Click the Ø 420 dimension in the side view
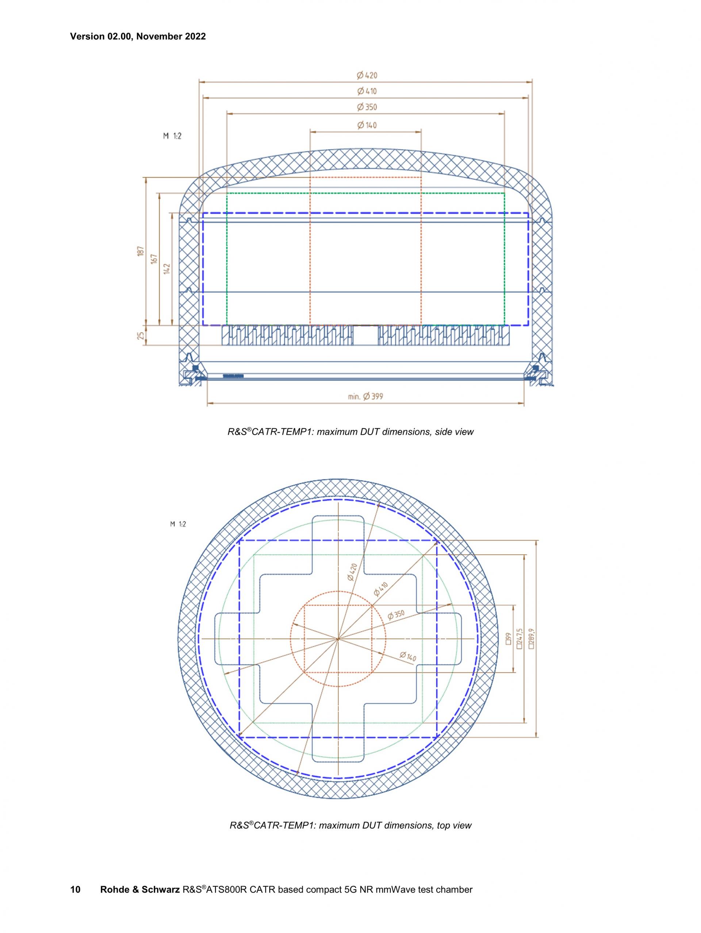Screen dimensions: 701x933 coord(367,75)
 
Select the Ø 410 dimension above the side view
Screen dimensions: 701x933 coord(367,91)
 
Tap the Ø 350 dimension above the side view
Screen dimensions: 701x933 coord(367,107)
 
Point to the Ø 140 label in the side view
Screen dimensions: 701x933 coord(367,125)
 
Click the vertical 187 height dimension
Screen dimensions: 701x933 coord(141,251)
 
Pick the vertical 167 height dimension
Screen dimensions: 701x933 coord(154,259)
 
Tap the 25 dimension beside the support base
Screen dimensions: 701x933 coord(141,336)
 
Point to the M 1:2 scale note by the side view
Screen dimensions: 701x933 coord(172,136)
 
